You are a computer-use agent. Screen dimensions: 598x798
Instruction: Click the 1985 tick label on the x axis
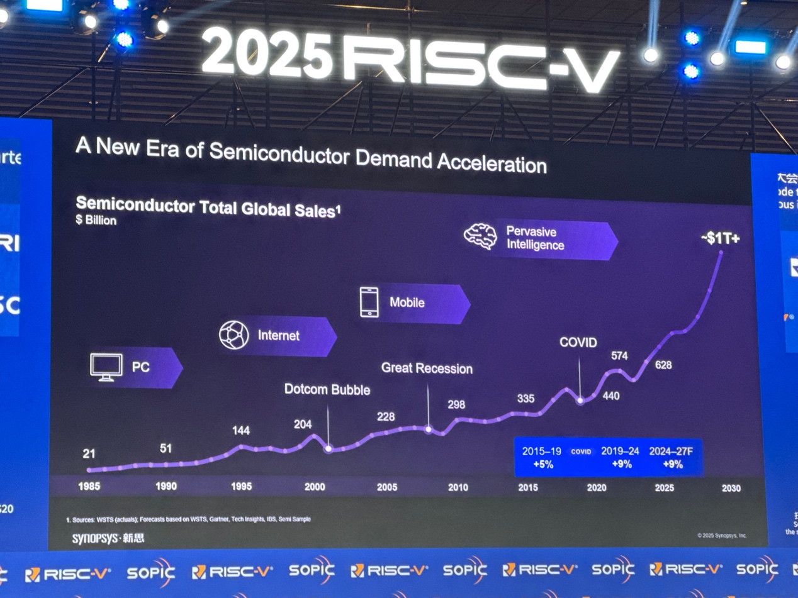[89, 486]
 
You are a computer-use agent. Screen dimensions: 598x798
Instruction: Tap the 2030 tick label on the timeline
[731, 488]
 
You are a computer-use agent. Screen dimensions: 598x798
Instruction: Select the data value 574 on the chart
[619, 356]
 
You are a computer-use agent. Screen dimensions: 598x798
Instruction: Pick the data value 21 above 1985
[89, 453]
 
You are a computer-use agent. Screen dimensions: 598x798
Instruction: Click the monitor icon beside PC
[106, 367]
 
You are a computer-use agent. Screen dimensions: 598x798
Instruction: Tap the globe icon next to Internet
[234, 335]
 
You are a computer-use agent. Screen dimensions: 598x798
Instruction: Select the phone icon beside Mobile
[369, 302]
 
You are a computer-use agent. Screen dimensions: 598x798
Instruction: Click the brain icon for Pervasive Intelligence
[480, 236]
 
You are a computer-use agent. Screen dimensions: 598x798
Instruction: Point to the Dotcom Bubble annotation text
[327, 389]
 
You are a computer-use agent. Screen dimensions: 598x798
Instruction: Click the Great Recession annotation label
[427, 368]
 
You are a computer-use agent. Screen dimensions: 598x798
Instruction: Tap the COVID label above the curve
[578, 343]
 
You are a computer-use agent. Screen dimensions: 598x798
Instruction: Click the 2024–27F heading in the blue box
[675, 451]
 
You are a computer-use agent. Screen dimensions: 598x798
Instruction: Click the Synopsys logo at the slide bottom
[108, 539]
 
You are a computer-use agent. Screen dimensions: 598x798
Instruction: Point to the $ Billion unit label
[96, 221]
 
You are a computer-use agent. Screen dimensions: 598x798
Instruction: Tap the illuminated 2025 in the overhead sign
[267, 55]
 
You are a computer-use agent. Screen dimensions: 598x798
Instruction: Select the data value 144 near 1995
[241, 431]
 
